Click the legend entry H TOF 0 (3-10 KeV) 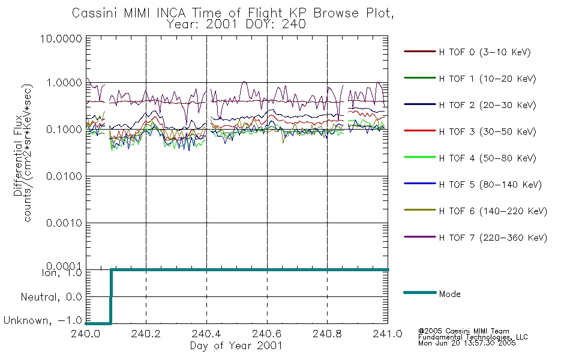pos(485,52)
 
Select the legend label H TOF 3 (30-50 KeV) pos(487,131)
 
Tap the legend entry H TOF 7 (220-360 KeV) pos(493,238)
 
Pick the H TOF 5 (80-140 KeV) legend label pos(490,185)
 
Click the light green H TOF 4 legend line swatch pos(420,157)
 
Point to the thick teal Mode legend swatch pos(420,292)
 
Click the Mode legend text pos(449,294)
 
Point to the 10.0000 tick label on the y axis pos(61,38)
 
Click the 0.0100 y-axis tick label pos(64,176)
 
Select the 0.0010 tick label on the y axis pos(64,223)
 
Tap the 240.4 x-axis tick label pos(206,334)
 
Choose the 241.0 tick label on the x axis pos(388,334)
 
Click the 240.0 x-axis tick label pos(86,334)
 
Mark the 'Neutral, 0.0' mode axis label pos(51,297)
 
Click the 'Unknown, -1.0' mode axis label pos(43,320)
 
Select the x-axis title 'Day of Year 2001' pos(236,346)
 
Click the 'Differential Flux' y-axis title pos(18,155)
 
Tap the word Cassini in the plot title pos(95,13)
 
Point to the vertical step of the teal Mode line pos(111,296)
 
